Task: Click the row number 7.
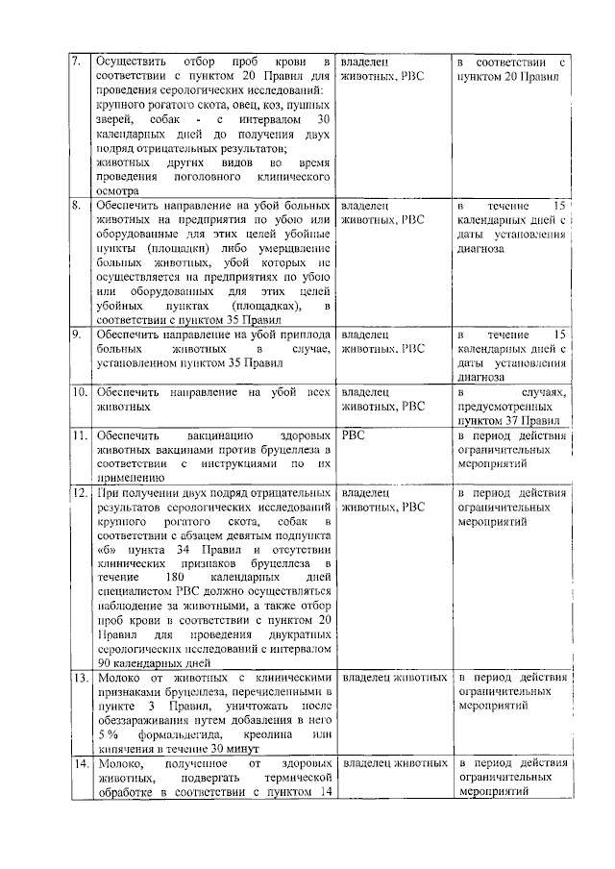tap(77, 62)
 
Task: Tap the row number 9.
tap(78, 335)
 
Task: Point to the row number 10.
tap(80, 392)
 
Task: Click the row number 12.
tap(80, 493)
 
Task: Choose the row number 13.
tap(80, 678)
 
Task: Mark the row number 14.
tap(80, 763)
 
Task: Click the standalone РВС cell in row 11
tap(356, 434)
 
